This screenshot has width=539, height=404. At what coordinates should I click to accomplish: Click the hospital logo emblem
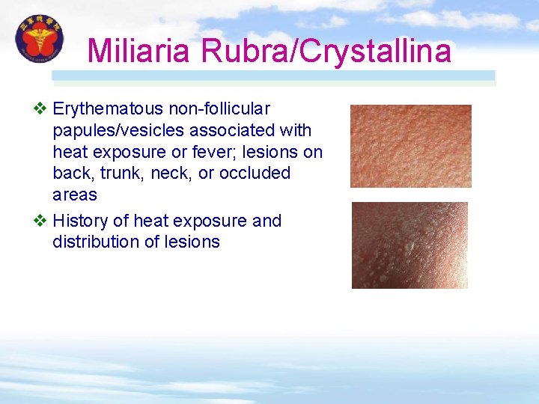point(39,39)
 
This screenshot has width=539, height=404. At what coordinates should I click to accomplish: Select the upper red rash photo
point(410,146)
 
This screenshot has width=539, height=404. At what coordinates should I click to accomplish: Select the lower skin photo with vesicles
point(409,245)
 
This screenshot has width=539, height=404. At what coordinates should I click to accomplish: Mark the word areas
point(74,195)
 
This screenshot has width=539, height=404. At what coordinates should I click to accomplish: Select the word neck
point(171,173)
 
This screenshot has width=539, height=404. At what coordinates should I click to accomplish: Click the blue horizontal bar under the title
point(273,76)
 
